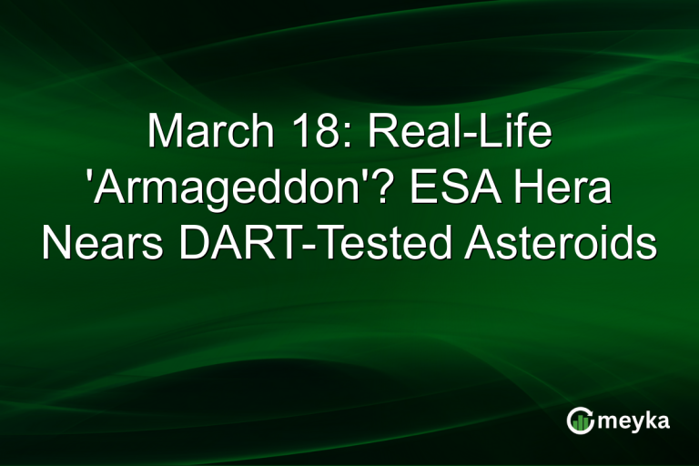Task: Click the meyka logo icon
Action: coord(579,420)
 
